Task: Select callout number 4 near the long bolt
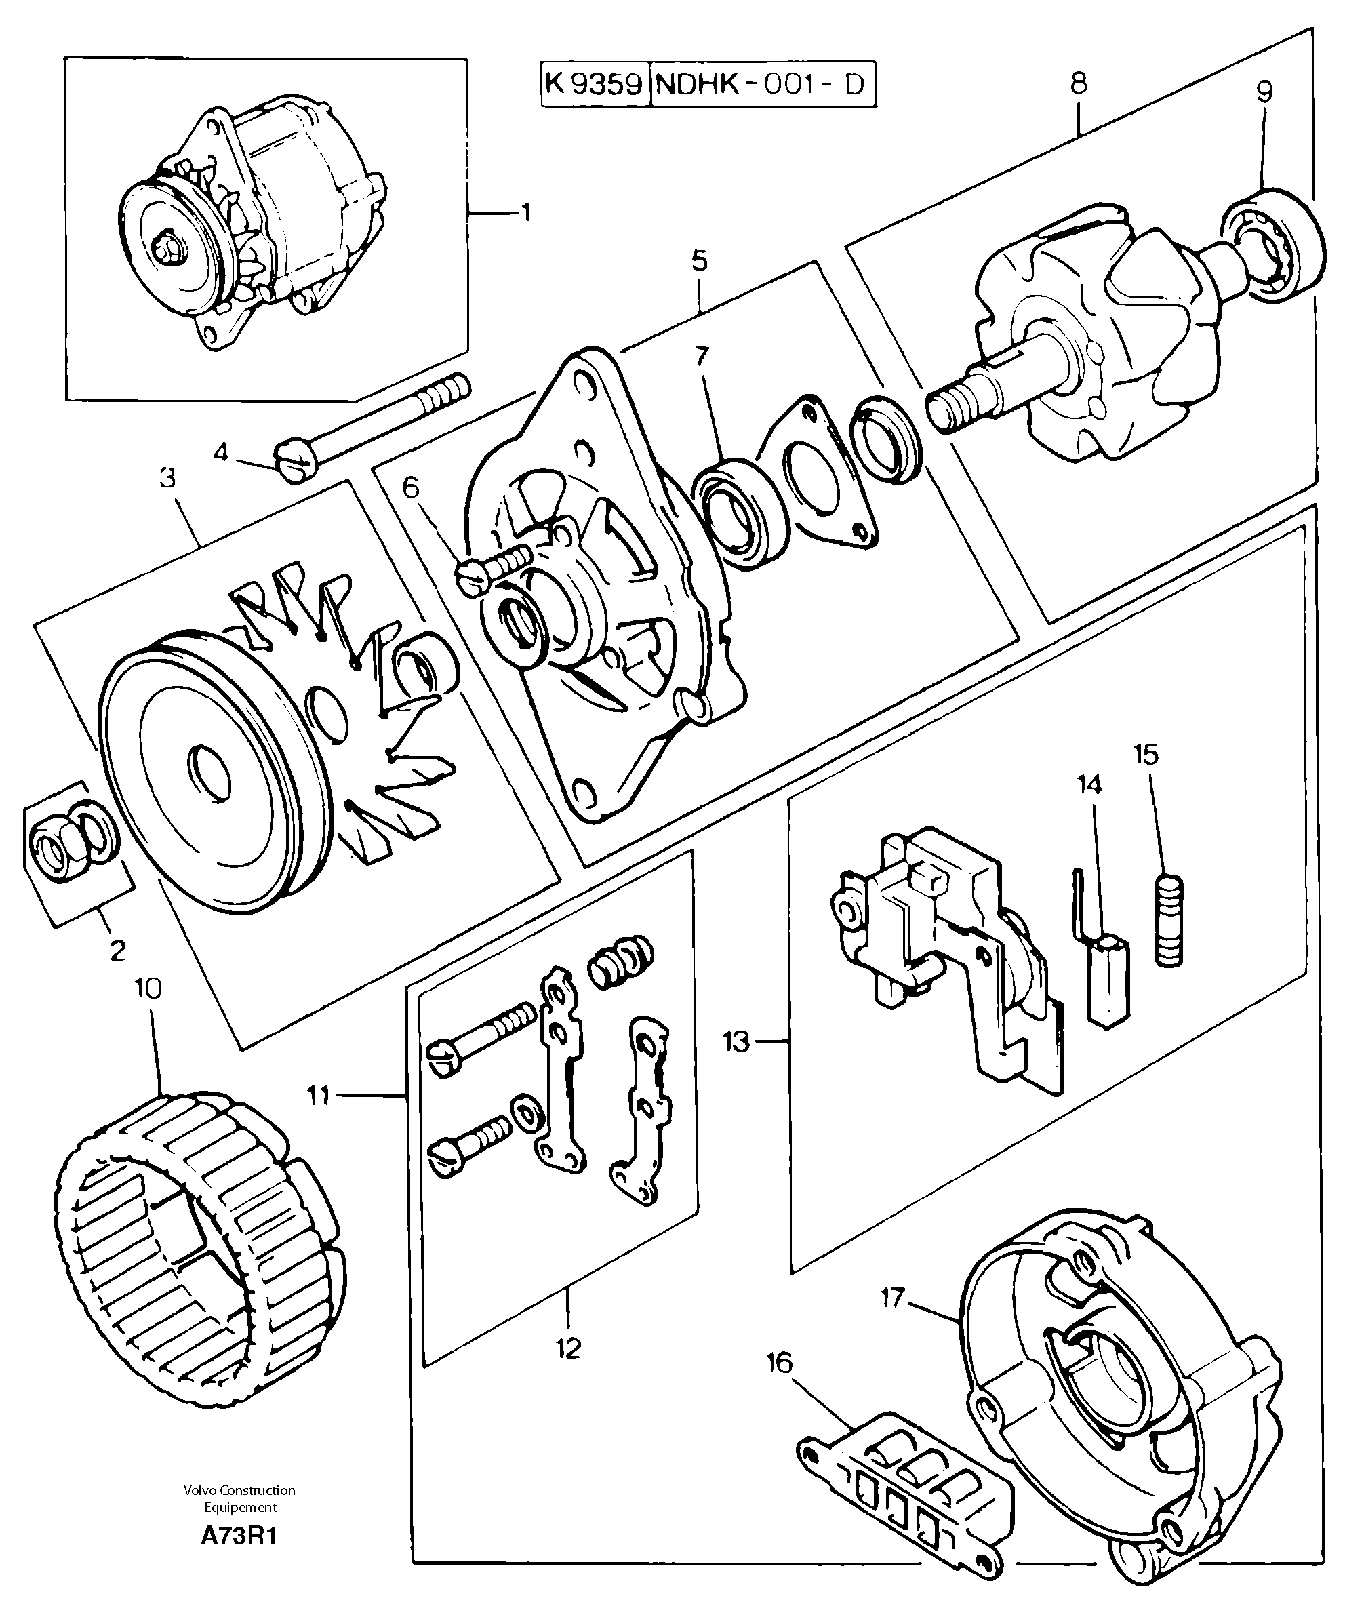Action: click(x=222, y=452)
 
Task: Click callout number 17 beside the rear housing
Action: click(x=892, y=1298)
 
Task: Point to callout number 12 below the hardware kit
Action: click(x=567, y=1349)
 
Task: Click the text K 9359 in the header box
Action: click(x=594, y=83)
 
